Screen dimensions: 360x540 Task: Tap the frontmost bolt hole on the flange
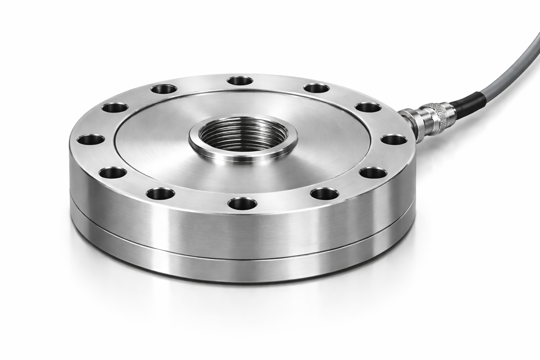click(243, 203)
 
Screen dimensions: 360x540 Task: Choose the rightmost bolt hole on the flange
click(394, 139)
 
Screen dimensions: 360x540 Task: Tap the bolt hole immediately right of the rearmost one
click(316, 88)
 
